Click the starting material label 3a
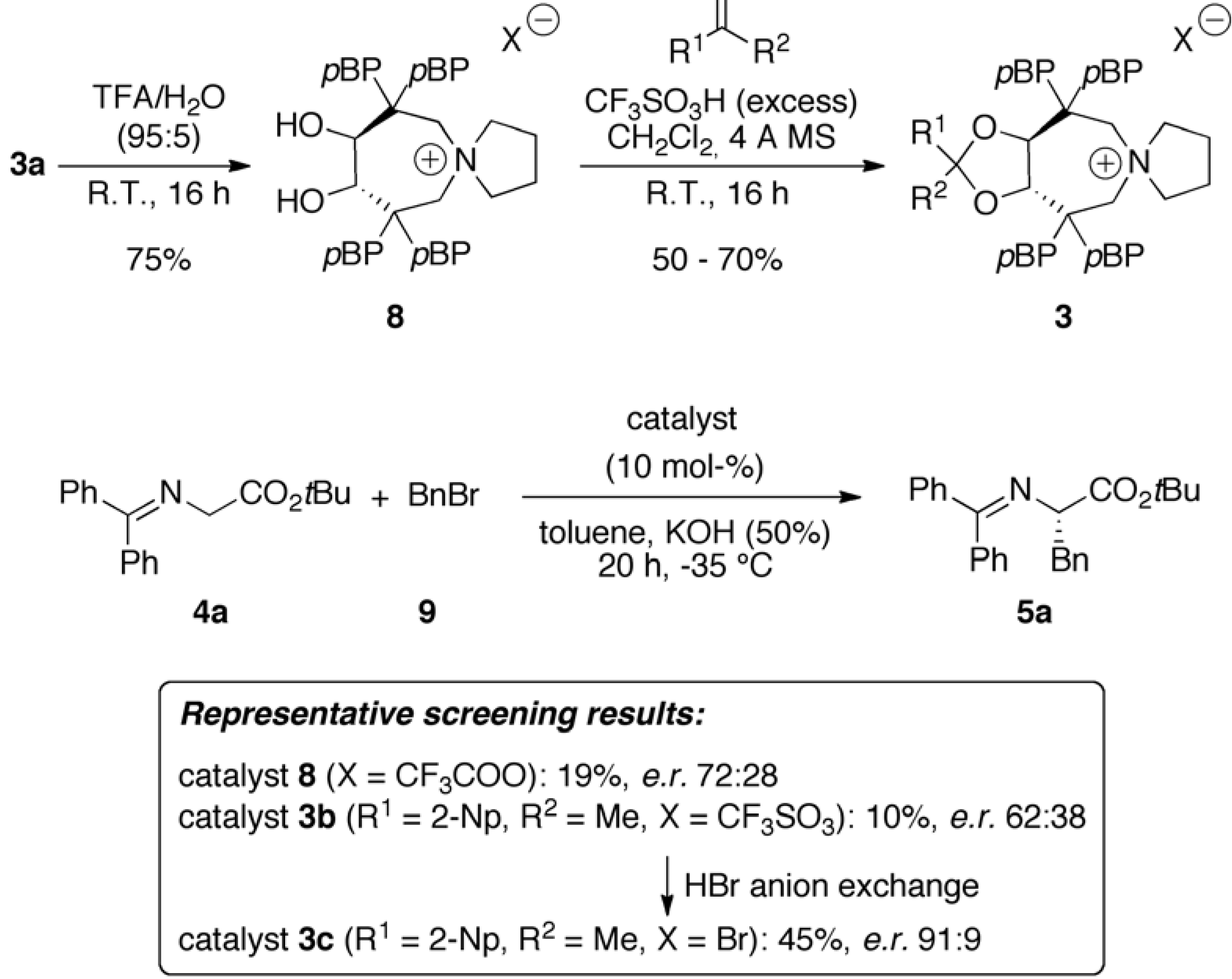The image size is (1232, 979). click(27, 166)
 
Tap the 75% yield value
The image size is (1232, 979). click(159, 260)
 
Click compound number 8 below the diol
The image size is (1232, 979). click(395, 316)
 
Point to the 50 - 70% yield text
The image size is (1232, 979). click(717, 260)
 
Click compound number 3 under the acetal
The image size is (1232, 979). click(1063, 316)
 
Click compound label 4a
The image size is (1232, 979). click(210, 613)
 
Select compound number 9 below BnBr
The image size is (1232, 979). click(427, 613)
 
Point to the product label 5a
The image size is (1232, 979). click(1034, 613)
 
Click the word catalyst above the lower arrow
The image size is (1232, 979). click(681, 419)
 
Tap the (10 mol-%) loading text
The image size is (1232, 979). click(684, 468)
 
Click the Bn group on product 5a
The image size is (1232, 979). click(1070, 560)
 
